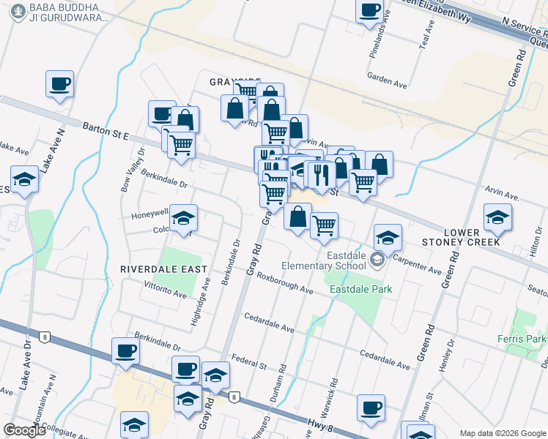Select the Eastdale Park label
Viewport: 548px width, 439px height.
[x=360, y=289]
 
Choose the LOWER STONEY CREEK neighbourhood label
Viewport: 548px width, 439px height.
[x=461, y=236]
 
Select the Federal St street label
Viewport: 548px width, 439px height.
[x=247, y=361]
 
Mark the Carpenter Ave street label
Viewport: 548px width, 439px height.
[x=417, y=263]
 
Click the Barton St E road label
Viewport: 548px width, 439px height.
[x=105, y=130]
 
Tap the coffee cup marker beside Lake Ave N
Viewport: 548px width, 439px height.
[x=59, y=84]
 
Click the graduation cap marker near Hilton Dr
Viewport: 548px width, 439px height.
[x=497, y=217]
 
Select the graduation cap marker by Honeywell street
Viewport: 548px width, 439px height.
[x=184, y=217]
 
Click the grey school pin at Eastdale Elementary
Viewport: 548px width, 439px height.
[x=377, y=259]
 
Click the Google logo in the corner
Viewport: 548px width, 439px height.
[x=25, y=430]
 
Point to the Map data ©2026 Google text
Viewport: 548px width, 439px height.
[x=502, y=433]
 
